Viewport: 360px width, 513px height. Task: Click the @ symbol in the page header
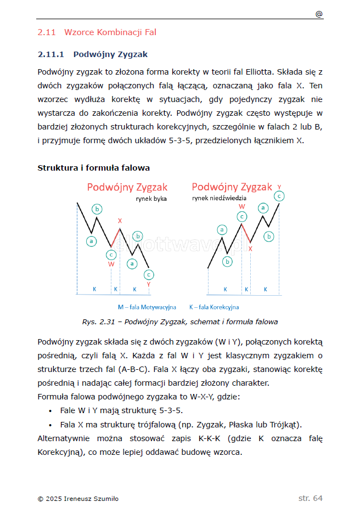(x=319, y=14)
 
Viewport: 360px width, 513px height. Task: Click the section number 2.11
(x=47, y=32)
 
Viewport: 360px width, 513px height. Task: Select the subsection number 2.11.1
(x=51, y=54)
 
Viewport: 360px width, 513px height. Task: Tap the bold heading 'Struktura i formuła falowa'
(x=93, y=167)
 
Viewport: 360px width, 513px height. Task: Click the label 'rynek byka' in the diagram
(x=151, y=199)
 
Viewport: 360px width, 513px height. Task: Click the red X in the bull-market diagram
(x=120, y=221)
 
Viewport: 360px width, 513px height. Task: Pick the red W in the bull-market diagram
(x=111, y=264)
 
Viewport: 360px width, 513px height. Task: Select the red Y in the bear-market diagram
(x=279, y=187)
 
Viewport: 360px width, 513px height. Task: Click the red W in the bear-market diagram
(x=242, y=206)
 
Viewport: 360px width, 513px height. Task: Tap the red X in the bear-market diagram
(x=250, y=249)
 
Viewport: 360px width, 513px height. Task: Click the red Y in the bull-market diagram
(x=148, y=284)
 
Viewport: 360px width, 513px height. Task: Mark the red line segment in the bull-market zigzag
(x=116, y=236)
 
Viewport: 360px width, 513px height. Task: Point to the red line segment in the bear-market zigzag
(x=246, y=233)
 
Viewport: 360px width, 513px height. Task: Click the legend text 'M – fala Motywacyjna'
(x=147, y=307)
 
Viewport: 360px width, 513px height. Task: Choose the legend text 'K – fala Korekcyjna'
(x=214, y=307)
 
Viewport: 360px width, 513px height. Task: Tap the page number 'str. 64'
(x=310, y=498)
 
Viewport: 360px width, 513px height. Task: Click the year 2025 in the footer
(x=54, y=499)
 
